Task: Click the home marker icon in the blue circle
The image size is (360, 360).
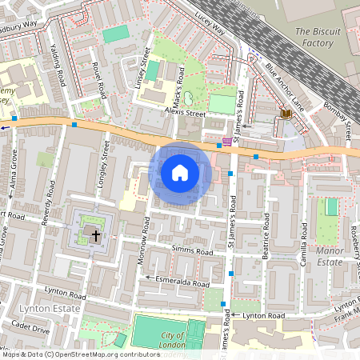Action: pos(180,171)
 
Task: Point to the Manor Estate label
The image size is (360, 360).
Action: pos(329,255)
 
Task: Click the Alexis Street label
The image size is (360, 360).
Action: pos(185,114)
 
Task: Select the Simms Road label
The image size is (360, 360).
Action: pos(192,250)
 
